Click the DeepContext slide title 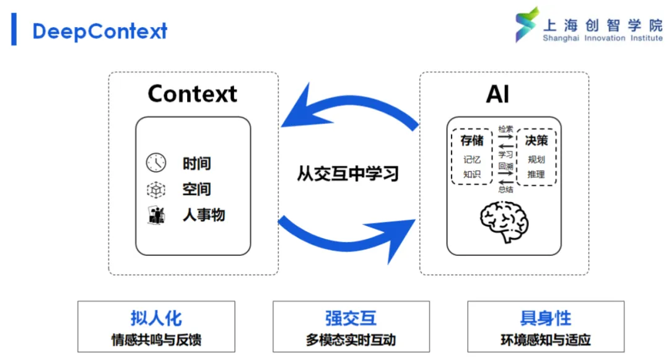tap(100, 31)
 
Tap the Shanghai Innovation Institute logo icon tap(527, 24)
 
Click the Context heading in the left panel tap(193, 94)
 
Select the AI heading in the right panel tap(497, 94)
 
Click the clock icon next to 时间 tap(156, 162)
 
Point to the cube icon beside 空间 tap(156, 190)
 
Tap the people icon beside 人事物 tap(156, 216)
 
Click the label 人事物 tap(204, 215)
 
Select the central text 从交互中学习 tap(348, 173)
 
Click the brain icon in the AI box tap(504, 222)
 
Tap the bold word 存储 tap(472, 140)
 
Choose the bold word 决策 tap(536, 140)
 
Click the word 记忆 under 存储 tap(472, 159)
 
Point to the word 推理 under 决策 tap(536, 174)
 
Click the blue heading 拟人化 tap(156, 318)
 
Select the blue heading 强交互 tap(351, 318)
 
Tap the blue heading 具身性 tap(546, 318)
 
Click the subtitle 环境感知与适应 tap(546, 340)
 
